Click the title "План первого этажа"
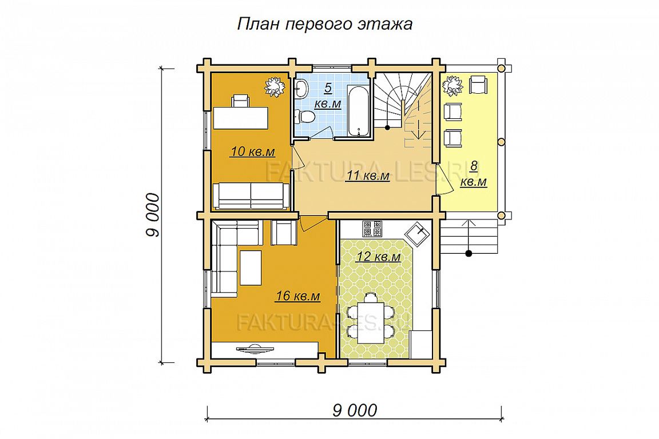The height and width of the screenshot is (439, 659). [325, 24]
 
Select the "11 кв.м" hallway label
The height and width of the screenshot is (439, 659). [368, 175]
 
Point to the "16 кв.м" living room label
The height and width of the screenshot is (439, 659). [297, 296]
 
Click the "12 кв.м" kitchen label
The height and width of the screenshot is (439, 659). [378, 256]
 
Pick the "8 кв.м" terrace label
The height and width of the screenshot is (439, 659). [474, 174]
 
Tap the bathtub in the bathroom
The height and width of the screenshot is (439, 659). [359, 111]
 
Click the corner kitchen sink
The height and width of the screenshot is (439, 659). [418, 234]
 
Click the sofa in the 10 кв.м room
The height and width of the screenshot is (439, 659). [251, 195]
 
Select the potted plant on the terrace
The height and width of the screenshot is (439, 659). [452, 85]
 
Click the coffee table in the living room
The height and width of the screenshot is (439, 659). [251, 268]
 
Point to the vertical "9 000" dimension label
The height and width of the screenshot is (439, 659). [153, 215]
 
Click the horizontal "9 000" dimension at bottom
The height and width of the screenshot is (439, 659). [355, 410]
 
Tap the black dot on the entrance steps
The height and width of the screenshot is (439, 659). [469, 253]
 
